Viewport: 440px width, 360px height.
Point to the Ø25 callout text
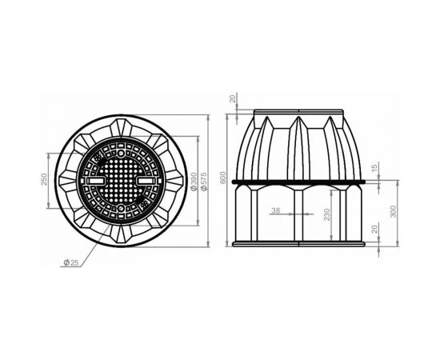point(69,262)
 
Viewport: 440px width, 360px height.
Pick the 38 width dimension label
point(276,210)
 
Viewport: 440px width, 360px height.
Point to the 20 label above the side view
point(233,98)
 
